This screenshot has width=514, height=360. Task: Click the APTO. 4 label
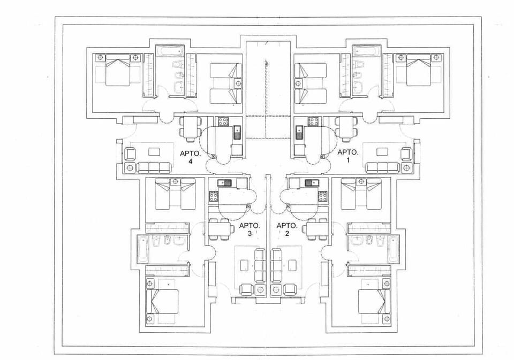(190, 157)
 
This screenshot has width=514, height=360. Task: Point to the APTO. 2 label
(286, 229)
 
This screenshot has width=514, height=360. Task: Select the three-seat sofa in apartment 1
(382, 167)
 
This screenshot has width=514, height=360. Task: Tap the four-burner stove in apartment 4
(222, 121)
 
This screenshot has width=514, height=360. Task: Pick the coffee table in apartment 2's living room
(292, 265)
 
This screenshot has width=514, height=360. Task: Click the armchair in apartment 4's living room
(130, 153)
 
